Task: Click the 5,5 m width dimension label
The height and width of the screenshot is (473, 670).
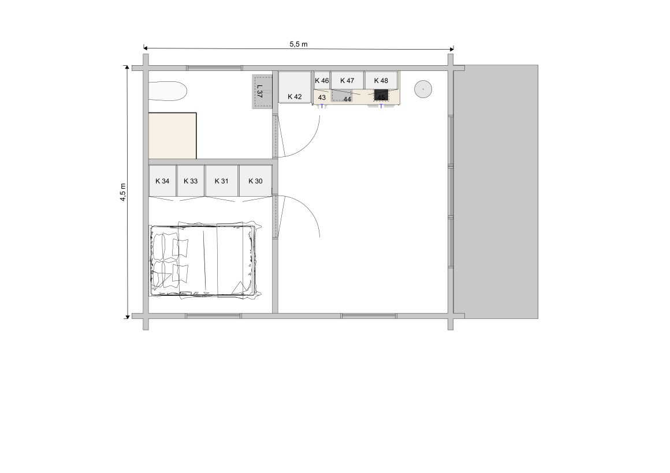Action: [x=298, y=44]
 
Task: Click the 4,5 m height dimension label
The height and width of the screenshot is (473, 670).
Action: [x=122, y=192]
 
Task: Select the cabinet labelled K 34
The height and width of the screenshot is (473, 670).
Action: [x=162, y=181]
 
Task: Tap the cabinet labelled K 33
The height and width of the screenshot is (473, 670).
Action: [x=191, y=181]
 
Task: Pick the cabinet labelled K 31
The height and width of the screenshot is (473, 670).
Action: [x=221, y=181]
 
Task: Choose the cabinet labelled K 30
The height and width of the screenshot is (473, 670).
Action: [x=255, y=181]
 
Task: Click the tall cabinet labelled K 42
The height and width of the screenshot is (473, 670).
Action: [x=295, y=87]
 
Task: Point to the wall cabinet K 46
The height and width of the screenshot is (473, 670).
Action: [x=322, y=80]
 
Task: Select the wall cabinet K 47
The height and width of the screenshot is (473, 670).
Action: [x=347, y=80]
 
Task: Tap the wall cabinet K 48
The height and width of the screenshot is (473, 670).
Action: [x=382, y=80]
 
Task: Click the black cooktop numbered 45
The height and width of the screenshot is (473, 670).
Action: [x=381, y=95]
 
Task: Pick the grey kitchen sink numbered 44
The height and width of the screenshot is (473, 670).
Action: [x=342, y=96]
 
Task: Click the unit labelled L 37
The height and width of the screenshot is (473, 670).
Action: [x=262, y=92]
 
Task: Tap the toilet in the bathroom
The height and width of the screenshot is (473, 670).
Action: [x=167, y=91]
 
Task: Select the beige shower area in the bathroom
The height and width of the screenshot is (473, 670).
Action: [x=172, y=136]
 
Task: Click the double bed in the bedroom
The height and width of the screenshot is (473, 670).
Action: [x=204, y=260]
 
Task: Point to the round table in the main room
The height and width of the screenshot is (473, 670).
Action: [x=423, y=89]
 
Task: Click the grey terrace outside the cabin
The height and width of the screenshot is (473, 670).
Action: [x=496, y=192]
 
